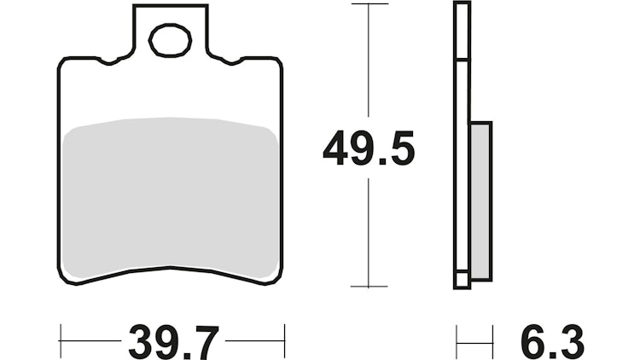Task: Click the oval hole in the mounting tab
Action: pyautogui.click(x=171, y=39)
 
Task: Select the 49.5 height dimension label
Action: pyautogui.click(x=369, y=151)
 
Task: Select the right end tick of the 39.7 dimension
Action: pyautogui.click(x=283, y=340)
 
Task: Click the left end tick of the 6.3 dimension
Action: pyautogui.click(x=457, y=340)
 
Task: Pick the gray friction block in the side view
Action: pyautogui.click(x=480, y=200)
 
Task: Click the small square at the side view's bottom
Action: pyautogui.click(x=462, y=280)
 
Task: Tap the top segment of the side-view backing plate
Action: pyautogui.click(x=462, y=32)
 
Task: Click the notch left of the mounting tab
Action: pyautogui.click(x=110, y=61)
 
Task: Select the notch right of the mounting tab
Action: pyautogui.click(x=231, y=61)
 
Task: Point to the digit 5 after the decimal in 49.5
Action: pyautogui.click(x=399, y=151)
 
